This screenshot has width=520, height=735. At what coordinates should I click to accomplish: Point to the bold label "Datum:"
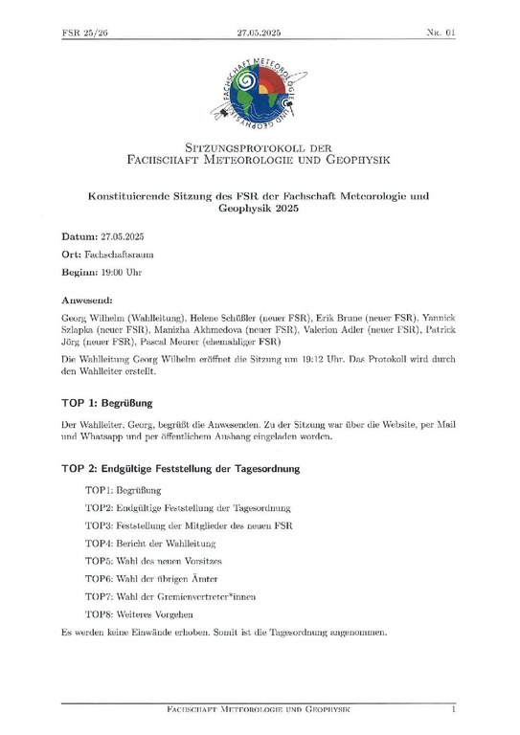[79, 234]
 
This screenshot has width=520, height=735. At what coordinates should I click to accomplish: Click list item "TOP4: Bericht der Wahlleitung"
[151, 543]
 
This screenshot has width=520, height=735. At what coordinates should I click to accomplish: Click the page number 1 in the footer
[453, 710]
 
